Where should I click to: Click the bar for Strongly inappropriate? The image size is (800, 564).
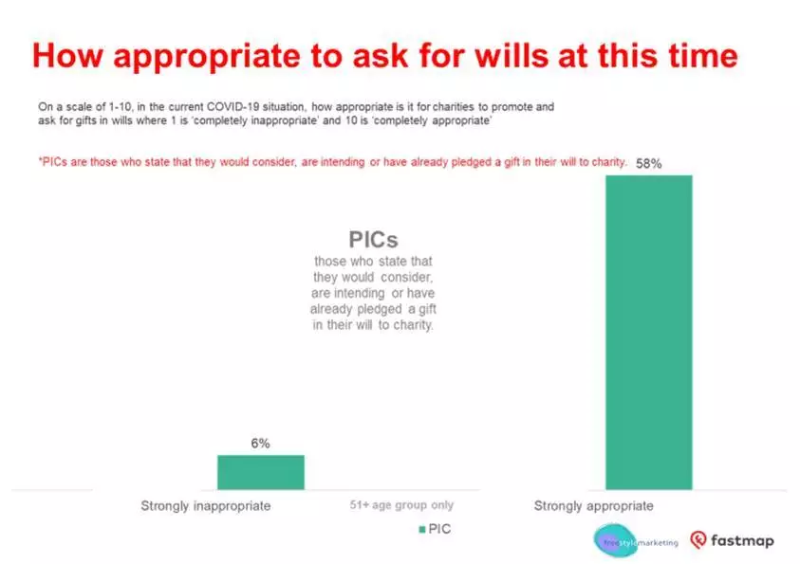click(x=261, y=472)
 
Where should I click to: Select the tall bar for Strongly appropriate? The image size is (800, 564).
click(x=649, y=332)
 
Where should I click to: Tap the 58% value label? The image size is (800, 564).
click(x=648, y=164)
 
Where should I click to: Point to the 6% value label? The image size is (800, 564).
click(x=260, y=444)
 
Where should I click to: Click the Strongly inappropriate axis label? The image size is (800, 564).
click(x=206, y=506)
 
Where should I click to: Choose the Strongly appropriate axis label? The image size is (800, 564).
click(x=593, y=506)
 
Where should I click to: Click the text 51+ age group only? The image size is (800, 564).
click(x=401, y=505)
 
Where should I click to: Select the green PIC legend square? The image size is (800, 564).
click(x=422, y=529)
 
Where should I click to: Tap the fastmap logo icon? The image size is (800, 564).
click(x=698, y=539)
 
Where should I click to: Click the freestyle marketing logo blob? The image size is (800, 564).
click(x=615, y=540)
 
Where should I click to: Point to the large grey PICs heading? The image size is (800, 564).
click(x=373, y=240)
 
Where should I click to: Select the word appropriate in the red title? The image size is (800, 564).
click(x=207, y=57)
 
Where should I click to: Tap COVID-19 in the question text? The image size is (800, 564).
click(x=233, y=107)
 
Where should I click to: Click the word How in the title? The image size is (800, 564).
click(x=67, y=56)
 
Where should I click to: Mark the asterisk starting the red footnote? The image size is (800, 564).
click(x=40, y=160)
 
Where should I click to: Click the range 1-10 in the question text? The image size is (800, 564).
click(x=121, y=107)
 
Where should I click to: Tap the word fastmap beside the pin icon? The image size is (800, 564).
click(x=742, y=540)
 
